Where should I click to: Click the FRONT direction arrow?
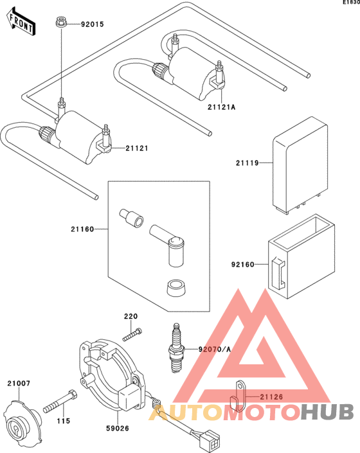(x=21, y=22)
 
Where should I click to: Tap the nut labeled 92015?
(x=61, y=22)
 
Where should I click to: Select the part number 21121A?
(x=221, y=107)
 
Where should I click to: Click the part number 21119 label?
(x=248, y=163)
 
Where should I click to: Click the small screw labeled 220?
(x=132, y=334)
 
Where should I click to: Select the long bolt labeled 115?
(x=60, y=402)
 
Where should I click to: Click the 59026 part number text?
(x=117, y=428)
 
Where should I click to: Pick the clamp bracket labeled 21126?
(x=239, y=396)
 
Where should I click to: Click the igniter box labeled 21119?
(x=300, y=165)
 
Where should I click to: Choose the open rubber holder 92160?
(x=301, y=256)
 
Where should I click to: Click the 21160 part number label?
(x=82, y=229)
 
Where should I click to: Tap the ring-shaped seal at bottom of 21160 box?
(x=176, y=288)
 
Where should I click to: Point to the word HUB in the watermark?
(x=327, y=412)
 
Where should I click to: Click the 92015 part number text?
(x=92, y=24)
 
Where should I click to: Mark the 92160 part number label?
(x=243, y=264)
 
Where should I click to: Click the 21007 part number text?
(x=19, y=384)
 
